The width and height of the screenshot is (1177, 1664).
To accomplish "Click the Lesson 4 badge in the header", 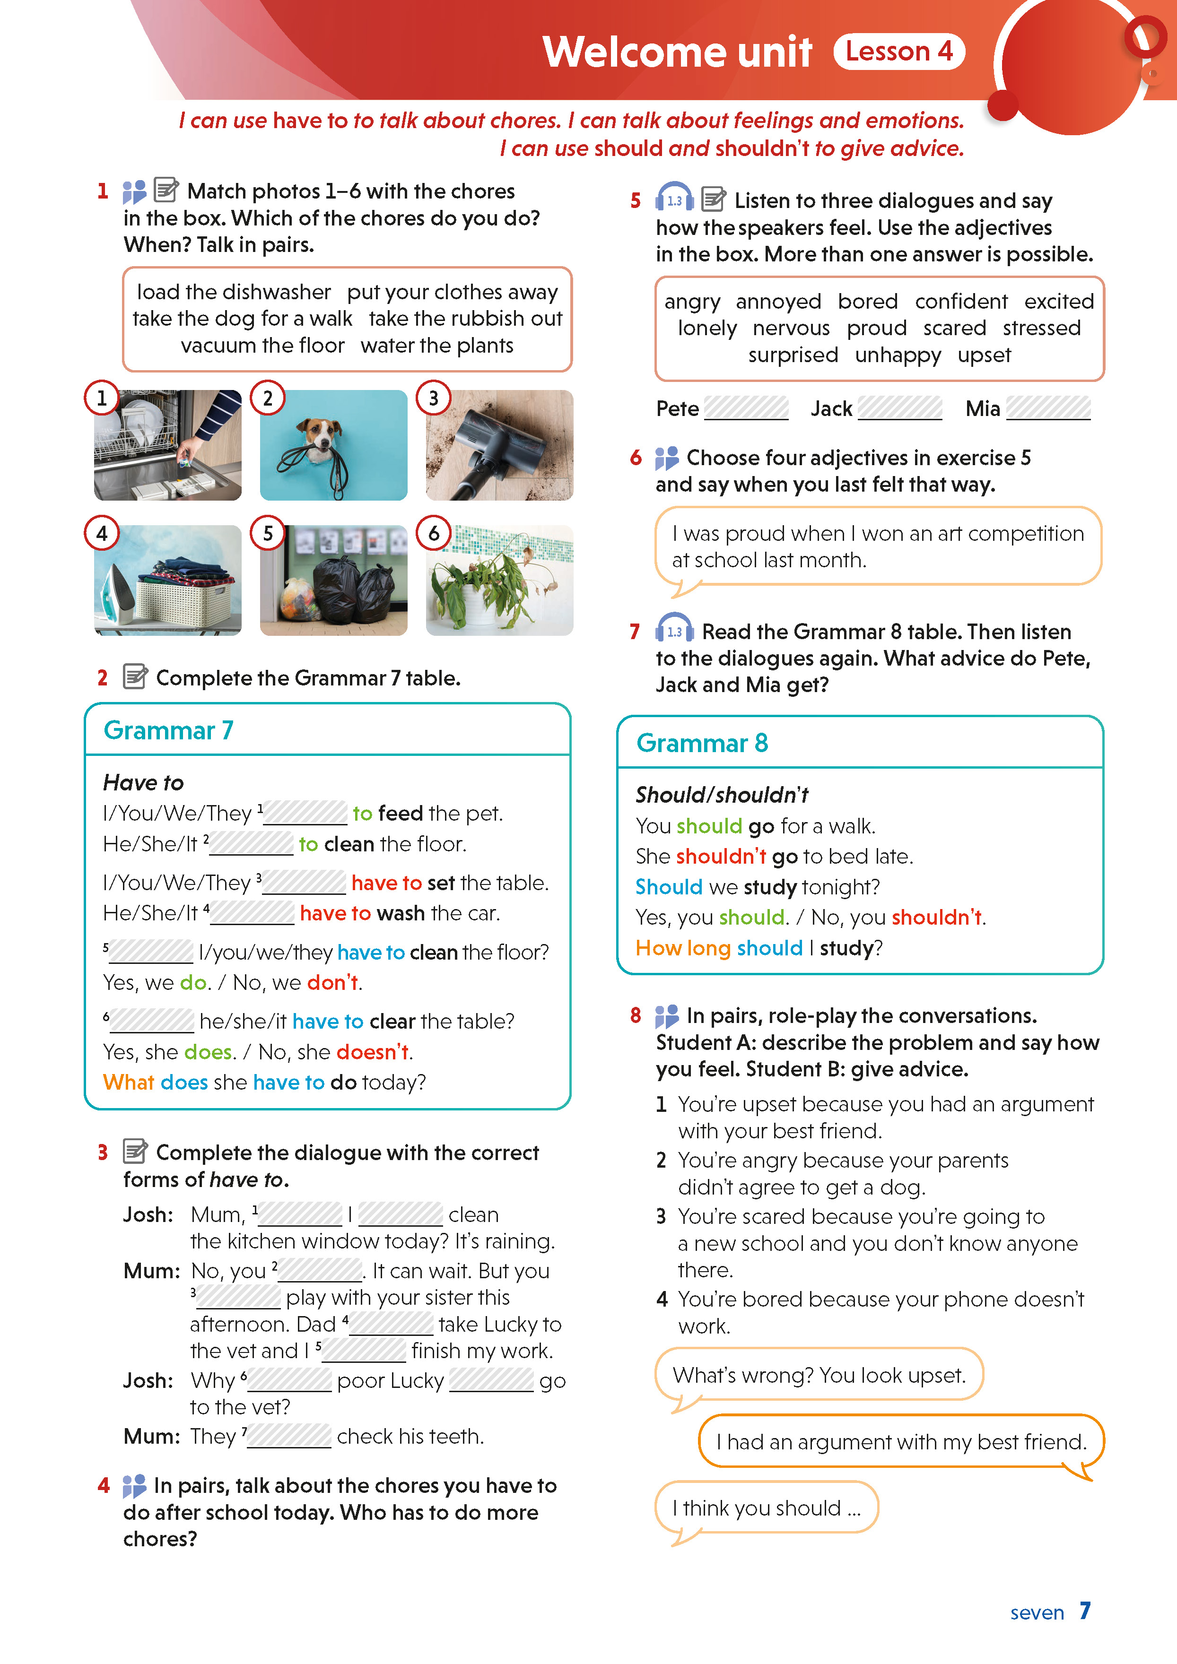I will [898, 52].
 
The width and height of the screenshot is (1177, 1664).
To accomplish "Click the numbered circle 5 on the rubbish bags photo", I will [268, 533].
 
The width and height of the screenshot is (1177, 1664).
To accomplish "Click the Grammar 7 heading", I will [168, 730].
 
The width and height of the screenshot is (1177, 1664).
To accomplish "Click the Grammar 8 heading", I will [702, 743].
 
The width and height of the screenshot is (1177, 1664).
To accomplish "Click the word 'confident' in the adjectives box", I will [960, 302].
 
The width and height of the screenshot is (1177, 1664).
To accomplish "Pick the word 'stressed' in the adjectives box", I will [1041, 328].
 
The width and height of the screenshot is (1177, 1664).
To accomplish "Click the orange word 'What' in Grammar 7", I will [128, 1082].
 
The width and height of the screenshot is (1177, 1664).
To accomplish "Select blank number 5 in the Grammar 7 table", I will [151, 952].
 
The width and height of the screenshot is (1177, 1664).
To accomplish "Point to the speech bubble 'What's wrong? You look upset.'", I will [819, 1375].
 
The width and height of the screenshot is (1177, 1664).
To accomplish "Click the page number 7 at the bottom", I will [1084, 1611].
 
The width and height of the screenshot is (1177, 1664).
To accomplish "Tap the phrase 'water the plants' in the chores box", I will [436, 346].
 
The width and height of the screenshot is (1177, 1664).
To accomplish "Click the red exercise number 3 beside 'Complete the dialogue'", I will [103, 1153].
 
